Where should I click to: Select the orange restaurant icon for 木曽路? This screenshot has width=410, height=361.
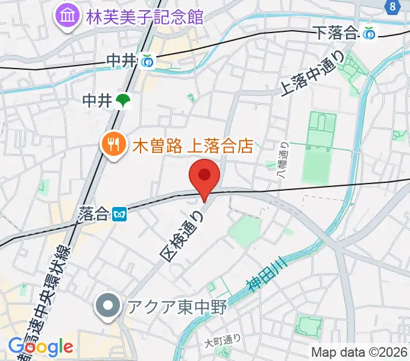pos(113,144)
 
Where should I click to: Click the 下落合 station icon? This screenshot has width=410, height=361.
pos(369,34)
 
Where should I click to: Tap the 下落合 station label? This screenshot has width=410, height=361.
pos(336,34)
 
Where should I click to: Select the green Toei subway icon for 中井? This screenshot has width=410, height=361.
pos(124,100)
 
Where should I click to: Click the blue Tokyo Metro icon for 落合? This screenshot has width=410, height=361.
pos(119,213)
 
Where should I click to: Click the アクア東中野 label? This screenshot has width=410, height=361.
pos(175,307)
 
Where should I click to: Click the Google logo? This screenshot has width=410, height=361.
pos(41,347)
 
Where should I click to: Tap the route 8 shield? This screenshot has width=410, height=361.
pos(393,6)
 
